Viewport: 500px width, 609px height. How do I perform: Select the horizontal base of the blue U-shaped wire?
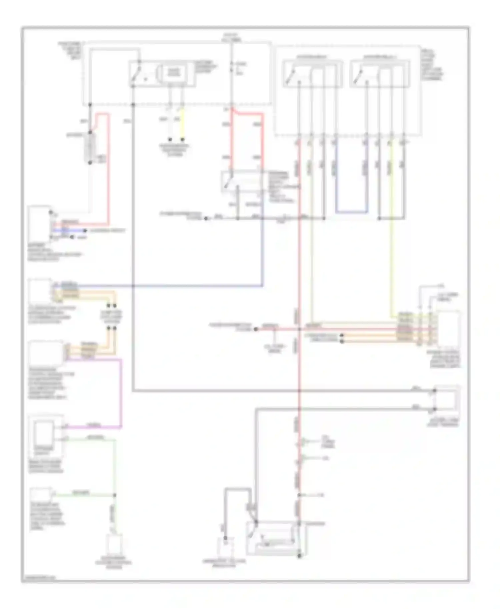pyautogui.click(x=352, y=212)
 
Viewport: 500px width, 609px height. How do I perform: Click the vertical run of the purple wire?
pyautogui.click(x=121, y=393)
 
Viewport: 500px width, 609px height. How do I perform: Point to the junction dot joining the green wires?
pyautogui.click(x=115, y=495)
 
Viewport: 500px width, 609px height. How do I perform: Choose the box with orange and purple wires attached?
pyautogui.click(x=46, y=353)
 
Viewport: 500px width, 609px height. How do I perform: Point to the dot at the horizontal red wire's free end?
pyautogui.click(x=256, y=329)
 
